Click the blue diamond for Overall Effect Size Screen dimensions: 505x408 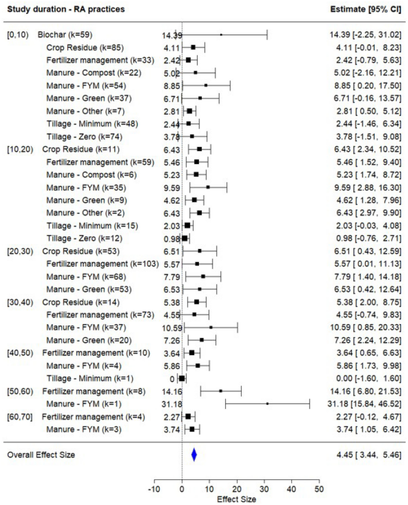194,455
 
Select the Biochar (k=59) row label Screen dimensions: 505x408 65,34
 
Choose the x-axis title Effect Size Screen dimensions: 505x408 236,499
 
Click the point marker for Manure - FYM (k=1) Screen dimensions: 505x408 267,404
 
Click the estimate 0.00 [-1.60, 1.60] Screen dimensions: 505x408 368,378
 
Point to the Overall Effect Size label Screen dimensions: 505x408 41,455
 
